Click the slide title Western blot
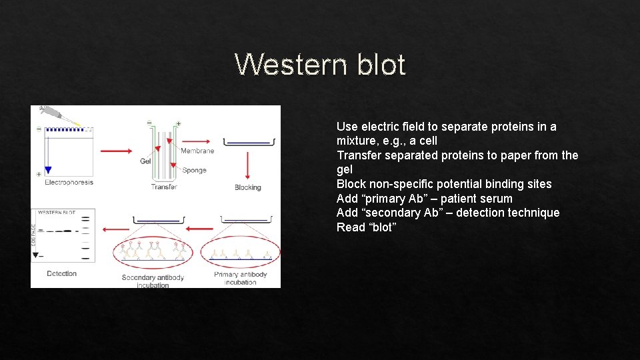click(320, 65)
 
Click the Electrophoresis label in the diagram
click(69, 182)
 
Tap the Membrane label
click(197, 151)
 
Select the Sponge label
click(194, 170)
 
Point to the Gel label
click(145, 161)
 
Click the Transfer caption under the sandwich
click(164, 187)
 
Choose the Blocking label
click(247, 188)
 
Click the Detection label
click(62, 273)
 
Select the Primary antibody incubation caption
click(240, 278)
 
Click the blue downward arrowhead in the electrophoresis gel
click(48, 170)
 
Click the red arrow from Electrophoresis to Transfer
click(116, 151)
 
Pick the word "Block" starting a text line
click(351, 184)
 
